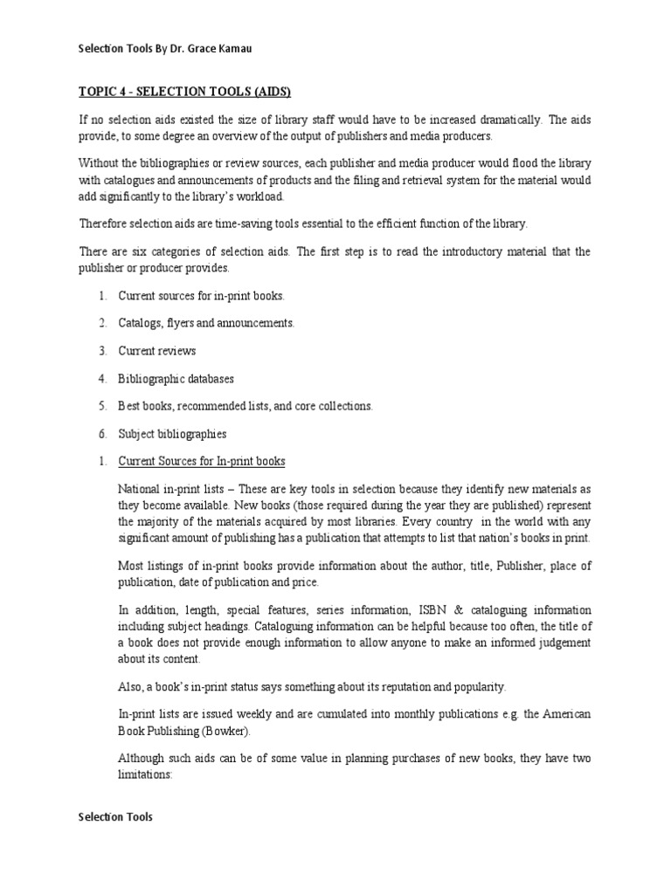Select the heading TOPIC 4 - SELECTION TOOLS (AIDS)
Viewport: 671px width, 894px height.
pyautogui.click(x=185, y=92)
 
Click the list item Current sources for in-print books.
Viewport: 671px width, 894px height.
pyautogui.click(x=201, y=295)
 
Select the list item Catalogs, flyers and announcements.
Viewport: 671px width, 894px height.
pyautogui.click(x=206, y=323)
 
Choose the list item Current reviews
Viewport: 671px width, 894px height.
pyautogui.click(x=157, y=351)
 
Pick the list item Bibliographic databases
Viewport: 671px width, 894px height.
pyautogui.click(x=176, y=379)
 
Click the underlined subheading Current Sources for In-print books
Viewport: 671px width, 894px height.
pyautogui.click(x=202, y=461)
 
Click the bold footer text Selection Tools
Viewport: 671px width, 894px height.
pyautogui.click(x=115, y=817)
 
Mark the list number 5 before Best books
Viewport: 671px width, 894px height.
pyautogui.click(x=102, y=406)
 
